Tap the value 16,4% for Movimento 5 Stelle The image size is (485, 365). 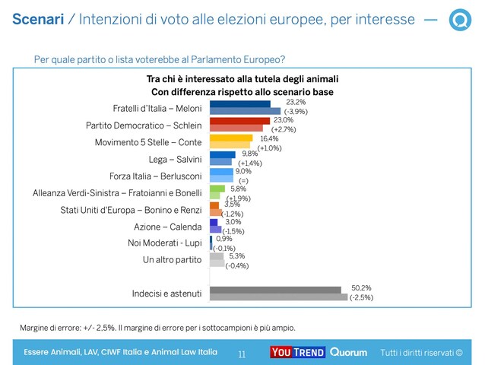[269, 138]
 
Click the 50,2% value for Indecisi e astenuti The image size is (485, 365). [361, 287]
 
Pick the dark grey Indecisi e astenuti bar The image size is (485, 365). [274, 290]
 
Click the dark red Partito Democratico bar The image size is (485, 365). [239, 121]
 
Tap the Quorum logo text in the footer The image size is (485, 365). [348, 352]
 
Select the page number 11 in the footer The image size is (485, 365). [242, 354]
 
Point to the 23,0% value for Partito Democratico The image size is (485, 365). [284, 120]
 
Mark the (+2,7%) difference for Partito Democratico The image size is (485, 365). [284, 129]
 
